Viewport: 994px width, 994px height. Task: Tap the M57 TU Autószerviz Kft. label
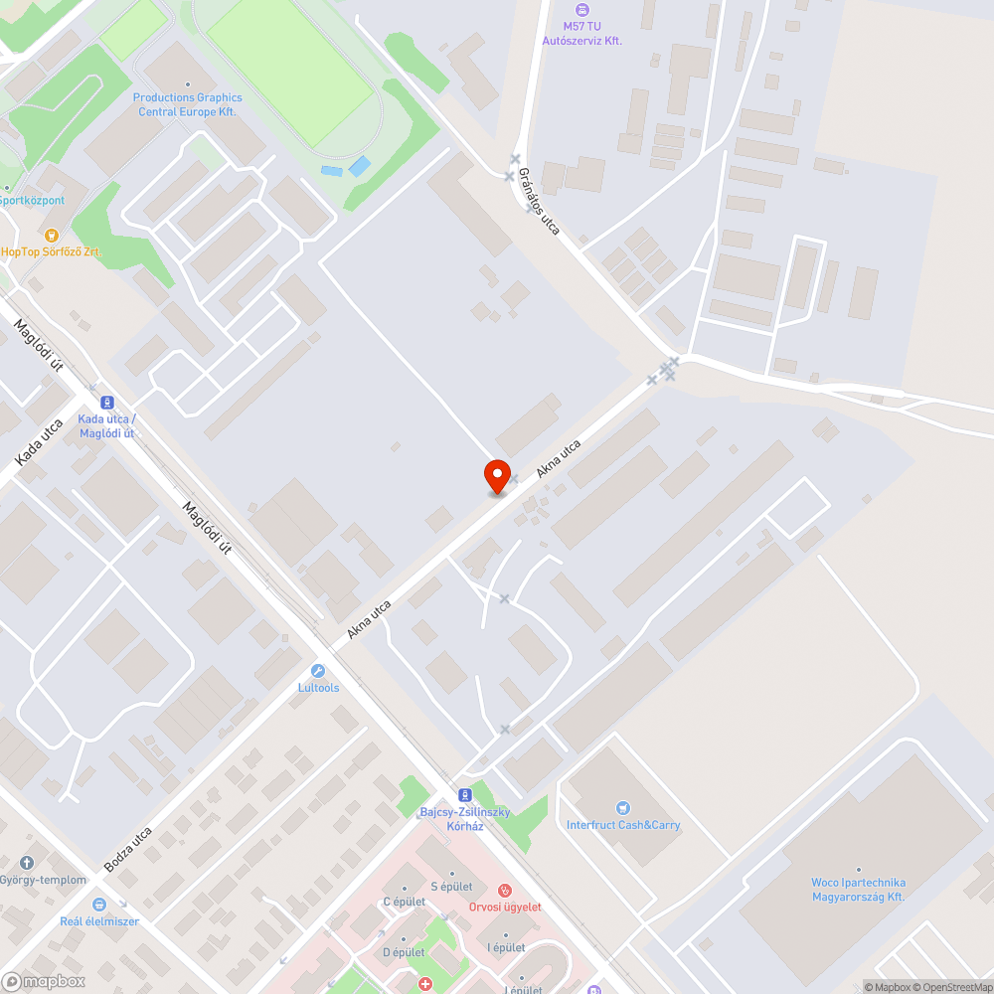[x=582, y=33]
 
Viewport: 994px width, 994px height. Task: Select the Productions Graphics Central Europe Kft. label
[x=187, y=104]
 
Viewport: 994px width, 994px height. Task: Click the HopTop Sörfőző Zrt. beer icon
[x=52, y=234]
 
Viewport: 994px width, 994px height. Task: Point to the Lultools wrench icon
[x=318, y=671]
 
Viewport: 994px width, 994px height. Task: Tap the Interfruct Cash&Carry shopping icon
[x=623, y=808]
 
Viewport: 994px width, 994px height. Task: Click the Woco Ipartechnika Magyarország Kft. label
[x=858, y=890]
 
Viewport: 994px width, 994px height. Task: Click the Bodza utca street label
[x=128, y=849]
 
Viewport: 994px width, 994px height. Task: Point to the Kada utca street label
[x=40, y=442]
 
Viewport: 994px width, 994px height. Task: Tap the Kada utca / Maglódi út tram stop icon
[x=92, y=403]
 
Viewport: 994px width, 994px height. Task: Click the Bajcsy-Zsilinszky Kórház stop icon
[x=464, y=794]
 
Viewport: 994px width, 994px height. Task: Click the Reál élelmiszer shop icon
[x=99, y=905]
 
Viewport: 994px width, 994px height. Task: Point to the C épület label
[x=404, y=902]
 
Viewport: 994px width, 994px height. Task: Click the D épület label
[x=404, y=952]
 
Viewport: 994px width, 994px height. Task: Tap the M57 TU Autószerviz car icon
[x=582, y=10]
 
